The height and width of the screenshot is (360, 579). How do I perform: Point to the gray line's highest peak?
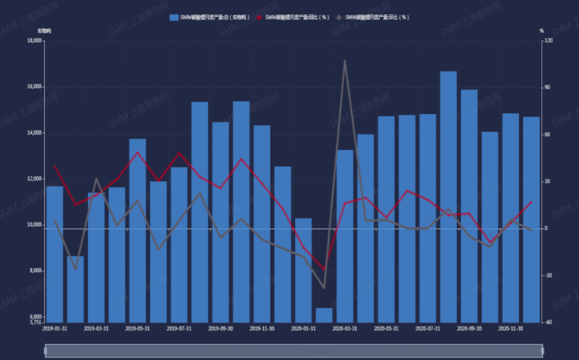345,61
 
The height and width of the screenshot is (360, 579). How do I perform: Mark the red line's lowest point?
324,270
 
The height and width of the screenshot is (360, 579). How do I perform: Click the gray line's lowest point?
324,288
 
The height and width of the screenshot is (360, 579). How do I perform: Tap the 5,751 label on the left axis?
33,322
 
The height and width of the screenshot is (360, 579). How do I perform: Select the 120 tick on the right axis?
548,41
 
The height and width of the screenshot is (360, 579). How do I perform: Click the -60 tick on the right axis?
548,321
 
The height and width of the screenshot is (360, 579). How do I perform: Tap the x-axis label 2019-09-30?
219,329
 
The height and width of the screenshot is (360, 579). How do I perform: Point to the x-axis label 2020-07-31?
427,329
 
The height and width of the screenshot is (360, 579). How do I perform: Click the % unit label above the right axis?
541,31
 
